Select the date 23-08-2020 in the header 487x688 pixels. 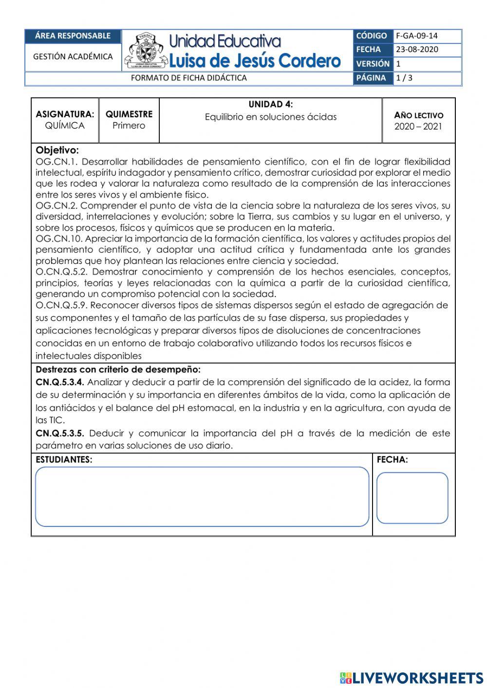click(x=416, y=49)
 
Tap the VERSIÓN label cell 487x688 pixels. click(x=373, y=64)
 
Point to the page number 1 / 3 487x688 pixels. click(x=404, y=78)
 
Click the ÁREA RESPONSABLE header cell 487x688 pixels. click(x=73, y=36)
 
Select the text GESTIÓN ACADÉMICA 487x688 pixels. click(x=73, y=56)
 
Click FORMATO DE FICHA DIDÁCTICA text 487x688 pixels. click(x=189, y=78)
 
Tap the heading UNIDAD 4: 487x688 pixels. click(x=271, y=104)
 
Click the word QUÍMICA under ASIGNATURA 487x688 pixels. click(x=65, y=126)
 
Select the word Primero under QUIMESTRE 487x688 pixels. click(x=129, y=126)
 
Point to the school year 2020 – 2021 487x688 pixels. click(x=418, y=127)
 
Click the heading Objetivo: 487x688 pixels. click(x=57, y=150)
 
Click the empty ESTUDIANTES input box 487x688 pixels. click(x=202, y=497)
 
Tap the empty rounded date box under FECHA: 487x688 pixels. click(x=412, y=498)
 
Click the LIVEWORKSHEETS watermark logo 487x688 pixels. click(x=412, y=677)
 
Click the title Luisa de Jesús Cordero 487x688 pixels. click(x=254, y=61)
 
